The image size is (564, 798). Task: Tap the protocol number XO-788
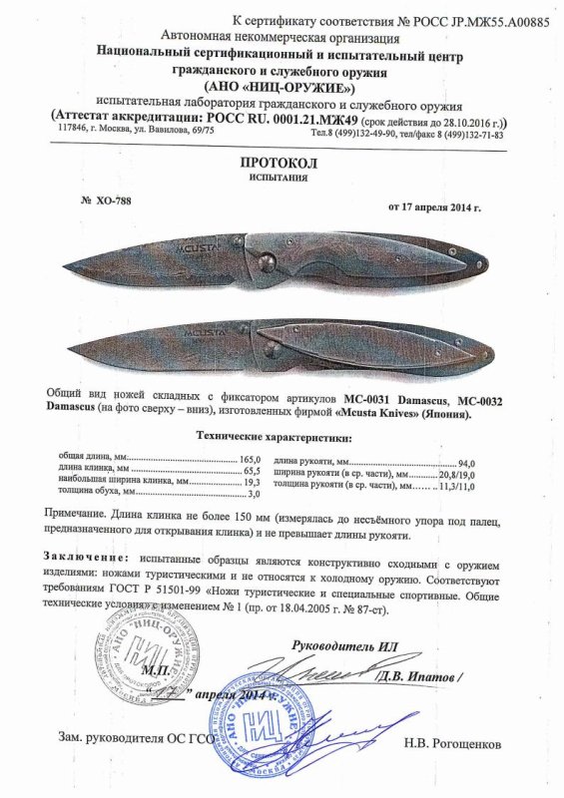(104, 199)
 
